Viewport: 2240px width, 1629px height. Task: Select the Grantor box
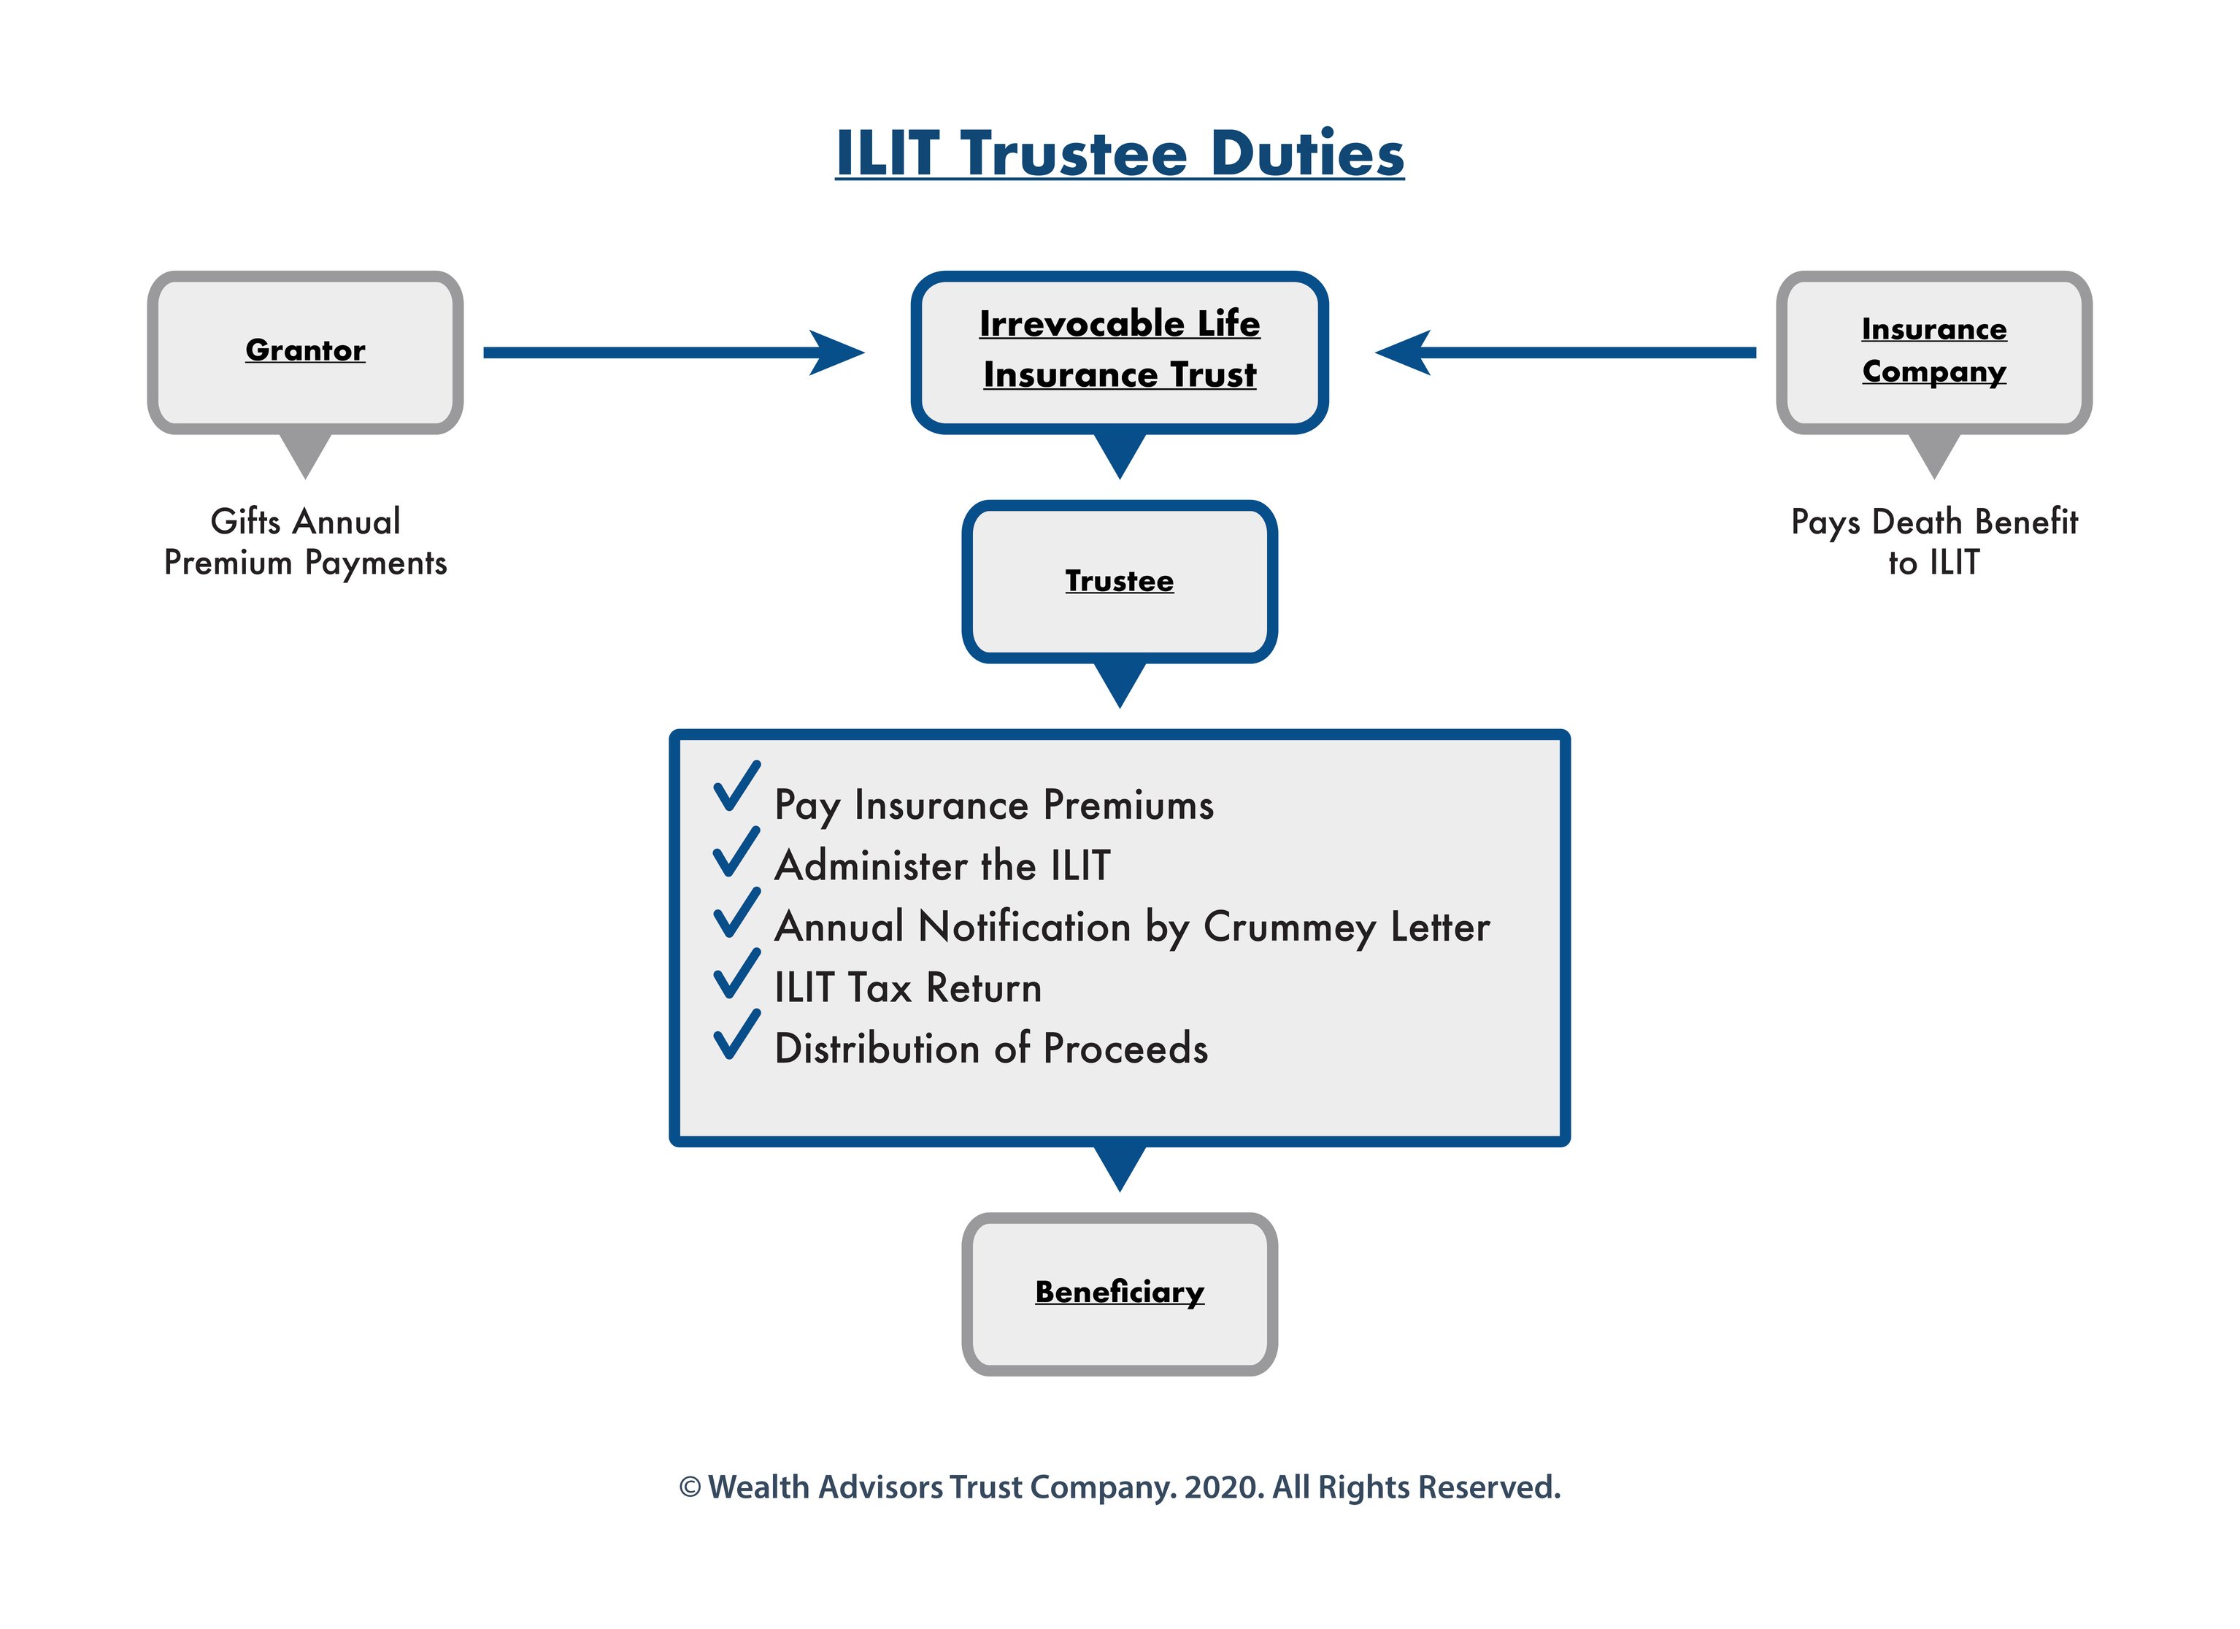click(x=305, y=352)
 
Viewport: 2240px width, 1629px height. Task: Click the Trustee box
click(x=1119, y=581)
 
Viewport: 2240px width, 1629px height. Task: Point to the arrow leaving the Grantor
click(x=671, y=353)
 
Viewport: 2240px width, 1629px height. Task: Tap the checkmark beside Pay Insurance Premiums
click(x=736, y=787)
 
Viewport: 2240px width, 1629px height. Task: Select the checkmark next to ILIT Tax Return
click(x=736, y=975)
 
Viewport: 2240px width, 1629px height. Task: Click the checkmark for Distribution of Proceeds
click(x=736, y=1036)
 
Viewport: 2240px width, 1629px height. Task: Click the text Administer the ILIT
click(x=942, y=866)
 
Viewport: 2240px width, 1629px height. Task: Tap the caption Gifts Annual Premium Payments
click(x=305, y=542)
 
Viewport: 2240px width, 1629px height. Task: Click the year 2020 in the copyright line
click(x=1223, y=1487)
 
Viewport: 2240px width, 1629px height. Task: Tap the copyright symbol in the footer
click(x=690, y=1487)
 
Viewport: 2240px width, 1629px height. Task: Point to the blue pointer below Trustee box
click(x=1119, y=682)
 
